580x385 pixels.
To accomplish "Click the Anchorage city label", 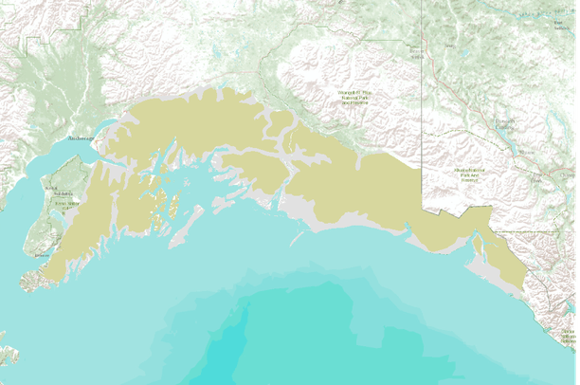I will point(82,139).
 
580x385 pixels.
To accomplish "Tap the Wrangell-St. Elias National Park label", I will point(354,97).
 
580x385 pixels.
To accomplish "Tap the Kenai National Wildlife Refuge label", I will point(63,202).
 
